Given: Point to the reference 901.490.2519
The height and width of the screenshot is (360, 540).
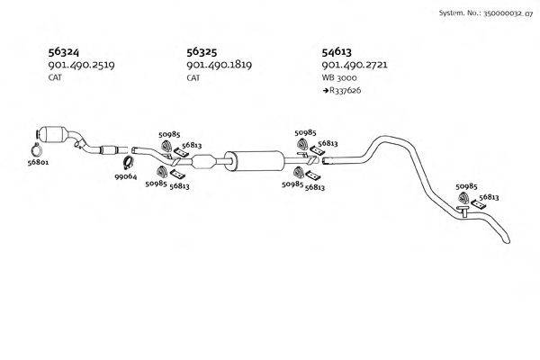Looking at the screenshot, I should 82,66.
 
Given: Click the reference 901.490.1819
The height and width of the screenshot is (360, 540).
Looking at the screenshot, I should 219,66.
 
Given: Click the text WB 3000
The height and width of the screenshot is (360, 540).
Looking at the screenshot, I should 337,78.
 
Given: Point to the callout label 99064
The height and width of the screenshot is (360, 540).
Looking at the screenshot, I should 126,177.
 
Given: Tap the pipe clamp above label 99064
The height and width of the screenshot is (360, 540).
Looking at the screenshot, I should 129,163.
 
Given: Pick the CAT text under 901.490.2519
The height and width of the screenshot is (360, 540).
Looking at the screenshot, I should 55,78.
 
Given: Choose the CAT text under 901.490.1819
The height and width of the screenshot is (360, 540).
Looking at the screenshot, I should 193,78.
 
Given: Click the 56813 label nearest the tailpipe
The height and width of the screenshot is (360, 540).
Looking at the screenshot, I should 489,196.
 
